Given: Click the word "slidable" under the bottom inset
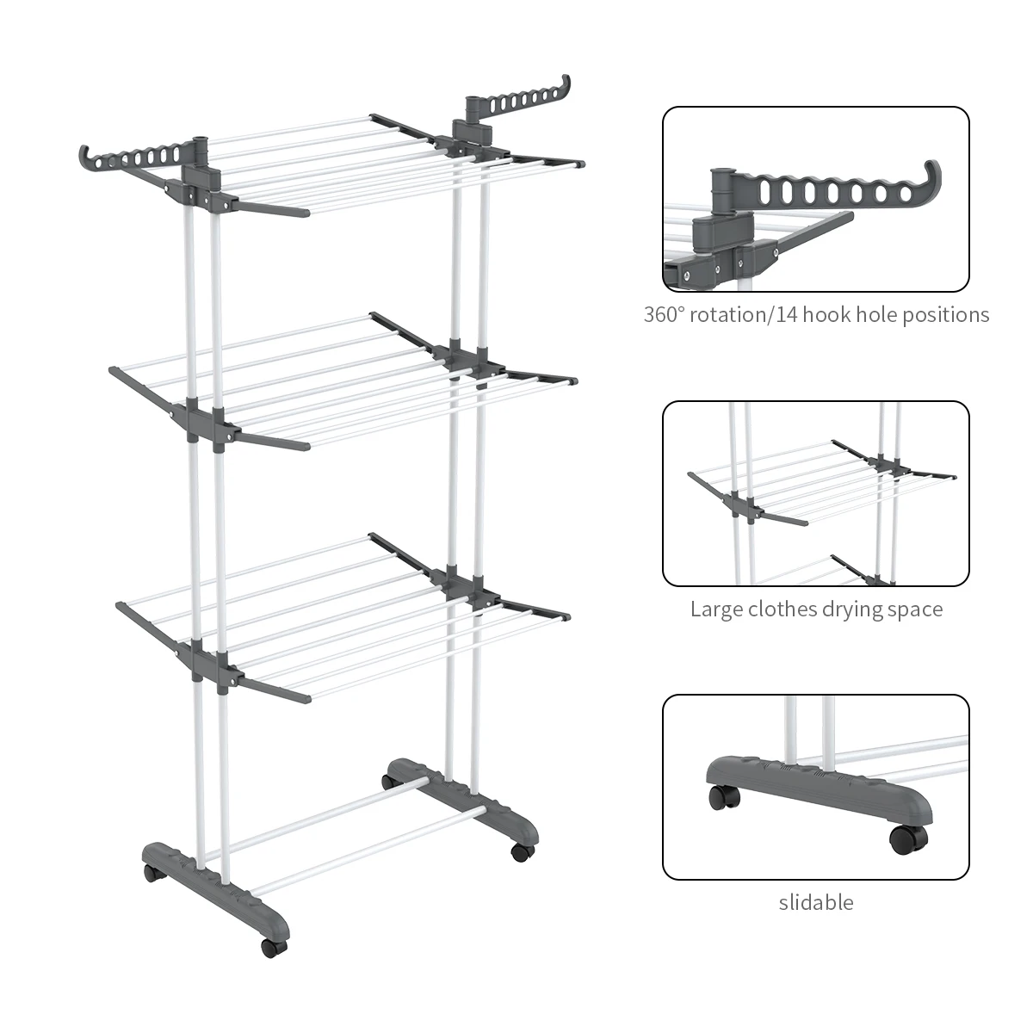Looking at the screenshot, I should tap(815, 902).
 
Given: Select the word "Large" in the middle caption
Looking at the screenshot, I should tap(715, 609).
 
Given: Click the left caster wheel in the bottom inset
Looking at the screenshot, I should tap(720, 798).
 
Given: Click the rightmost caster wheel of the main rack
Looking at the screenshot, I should tap(518, 852).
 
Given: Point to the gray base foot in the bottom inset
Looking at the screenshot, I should tap(818, 788).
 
